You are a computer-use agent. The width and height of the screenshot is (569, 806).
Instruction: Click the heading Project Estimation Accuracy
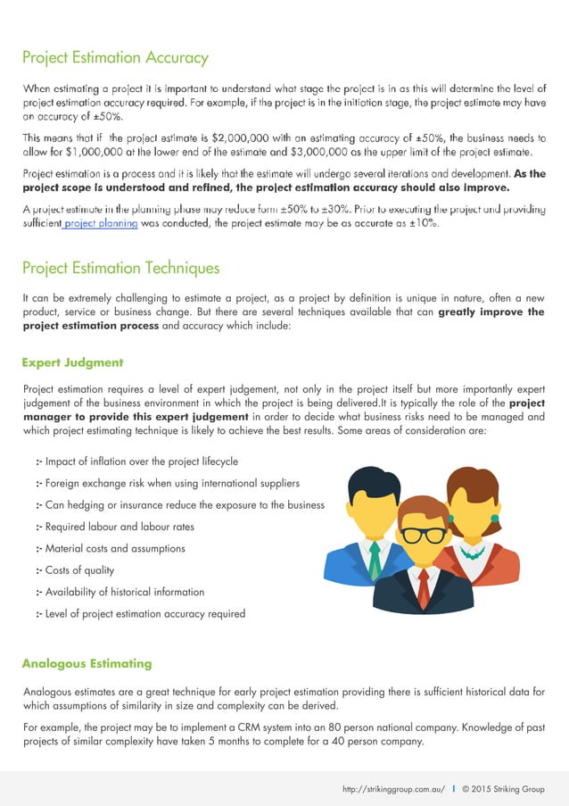(x=115, y=58)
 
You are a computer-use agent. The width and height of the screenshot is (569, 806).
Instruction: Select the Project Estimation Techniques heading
(x=120, y=268)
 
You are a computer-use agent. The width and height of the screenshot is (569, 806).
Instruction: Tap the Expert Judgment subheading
(x=72, y=362)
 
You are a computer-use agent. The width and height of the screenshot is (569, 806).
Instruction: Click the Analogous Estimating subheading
(x=87, y=663)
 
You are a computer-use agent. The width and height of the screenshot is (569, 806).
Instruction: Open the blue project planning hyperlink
(x=100, y=224)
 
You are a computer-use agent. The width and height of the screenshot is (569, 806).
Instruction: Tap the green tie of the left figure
(x=375, y=560)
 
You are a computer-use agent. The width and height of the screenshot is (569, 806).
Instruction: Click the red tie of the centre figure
(x=424, y=585)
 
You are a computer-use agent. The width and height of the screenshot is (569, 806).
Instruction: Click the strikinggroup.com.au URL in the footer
(x=393, y=790)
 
